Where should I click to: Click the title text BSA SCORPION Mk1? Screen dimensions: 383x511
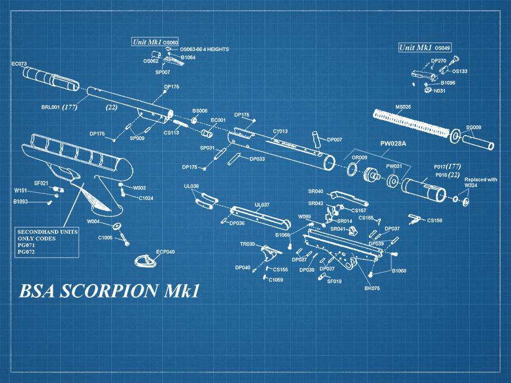click(109, 291)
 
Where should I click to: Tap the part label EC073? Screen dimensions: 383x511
click(19, 64)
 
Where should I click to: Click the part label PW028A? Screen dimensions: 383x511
click(393, 144)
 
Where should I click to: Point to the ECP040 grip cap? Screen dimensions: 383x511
click(147, 260)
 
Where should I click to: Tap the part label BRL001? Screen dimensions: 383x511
click(50, 106)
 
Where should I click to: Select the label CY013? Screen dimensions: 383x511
click(280, 132)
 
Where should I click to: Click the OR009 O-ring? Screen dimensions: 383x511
click(352, 169)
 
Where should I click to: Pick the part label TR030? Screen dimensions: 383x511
click(247, 244)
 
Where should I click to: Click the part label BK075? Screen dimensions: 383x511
click(372, 288)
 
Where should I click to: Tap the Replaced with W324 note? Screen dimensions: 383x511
click(480, 182)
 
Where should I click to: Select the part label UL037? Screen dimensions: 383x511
click(262, 204)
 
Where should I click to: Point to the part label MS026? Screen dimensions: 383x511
click(403, 106)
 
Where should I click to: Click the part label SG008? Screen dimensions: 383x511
click(473, 127)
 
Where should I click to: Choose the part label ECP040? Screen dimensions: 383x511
click(166, 251)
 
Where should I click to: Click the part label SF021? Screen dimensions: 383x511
click(41, 183)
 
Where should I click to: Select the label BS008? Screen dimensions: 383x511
click(200, 110)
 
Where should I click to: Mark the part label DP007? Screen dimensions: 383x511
click(335, 139)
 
